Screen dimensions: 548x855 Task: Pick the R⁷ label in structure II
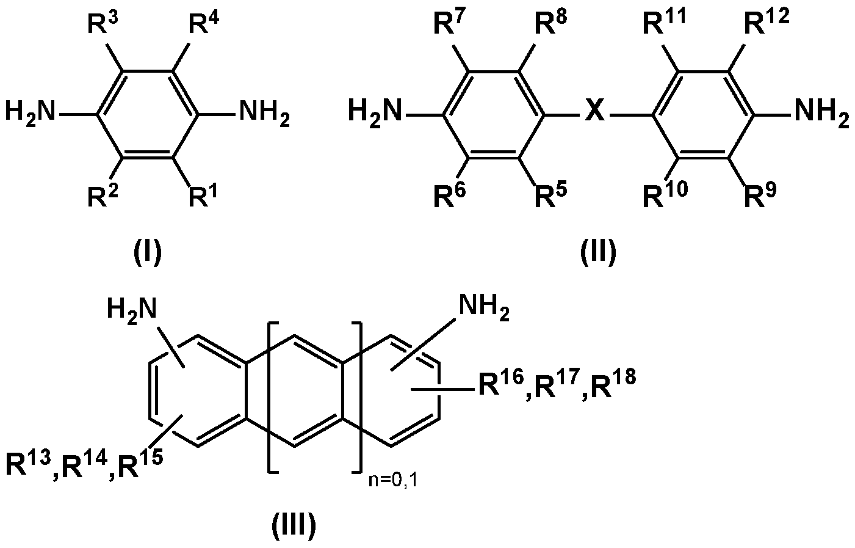[x=449, y=26]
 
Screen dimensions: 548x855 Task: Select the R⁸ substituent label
[x=549, y=26]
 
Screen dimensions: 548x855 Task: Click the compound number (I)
[x=148, y=252]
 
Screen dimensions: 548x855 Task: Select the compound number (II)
[x=598, y=252]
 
